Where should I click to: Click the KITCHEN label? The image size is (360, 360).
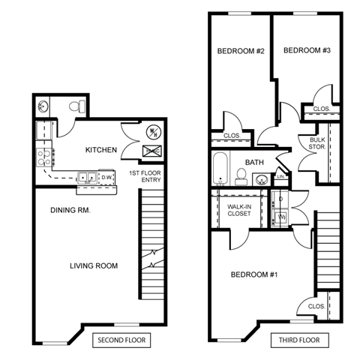point(100,150)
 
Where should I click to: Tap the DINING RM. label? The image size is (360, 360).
point(70,211)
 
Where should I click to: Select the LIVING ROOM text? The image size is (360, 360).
point(94,266)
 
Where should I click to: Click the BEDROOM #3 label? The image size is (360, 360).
point(306,50)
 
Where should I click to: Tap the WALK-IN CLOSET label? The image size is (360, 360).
point(240,209)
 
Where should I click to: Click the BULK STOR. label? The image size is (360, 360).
point(317,142)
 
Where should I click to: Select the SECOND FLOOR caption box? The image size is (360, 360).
point(121,340)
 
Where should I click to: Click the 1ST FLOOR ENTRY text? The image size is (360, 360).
point(144,177)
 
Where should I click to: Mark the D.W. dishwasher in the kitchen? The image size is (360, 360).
point(106,178)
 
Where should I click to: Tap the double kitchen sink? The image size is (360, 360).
point(87,178)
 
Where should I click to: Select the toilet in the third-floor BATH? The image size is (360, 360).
point(241,176)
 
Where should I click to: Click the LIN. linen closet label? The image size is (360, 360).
point(280,177)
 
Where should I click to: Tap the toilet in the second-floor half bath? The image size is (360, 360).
point(75,107)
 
